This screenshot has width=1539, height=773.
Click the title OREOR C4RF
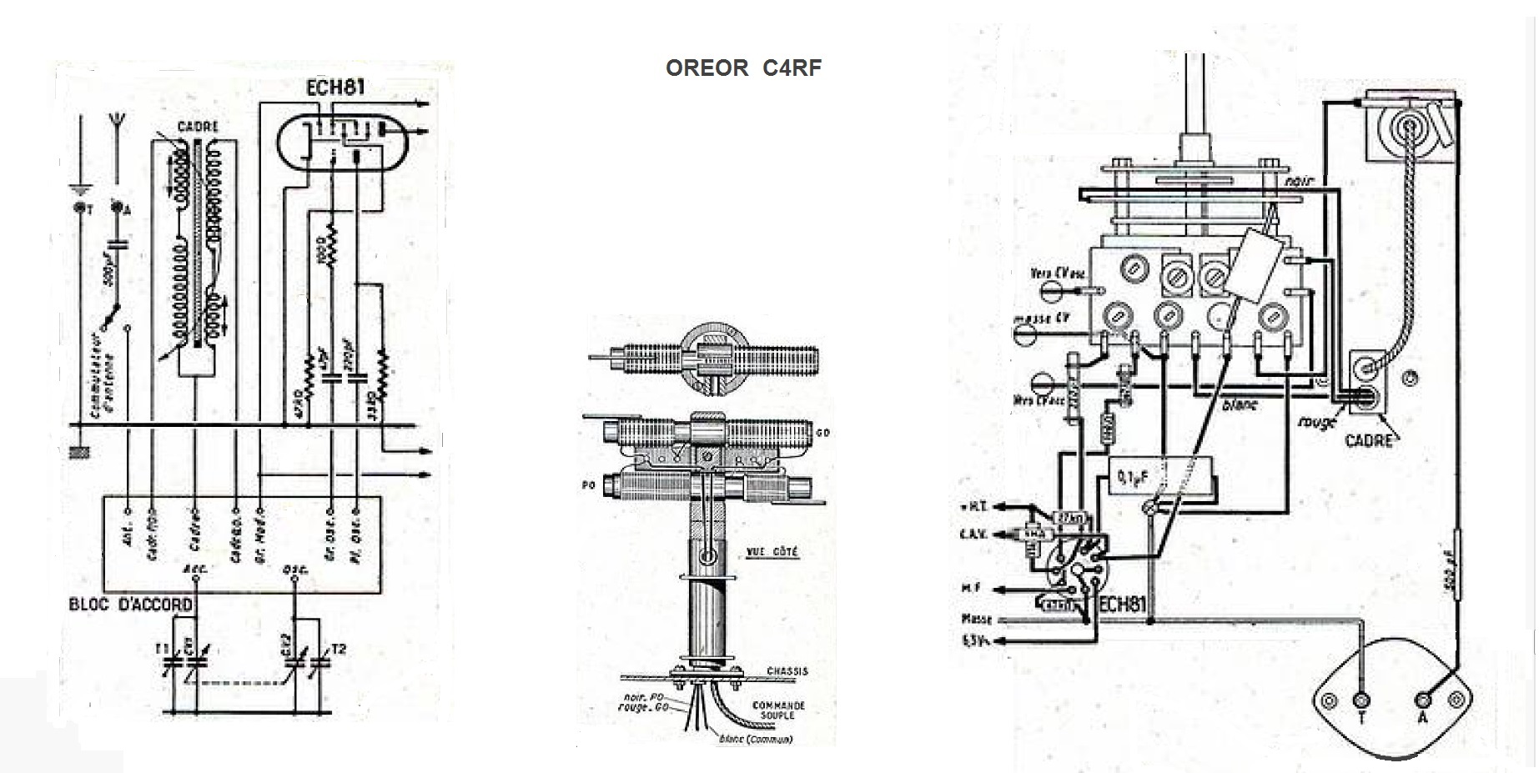[x=743, y=68]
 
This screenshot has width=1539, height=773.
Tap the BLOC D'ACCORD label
[x=131, y=604]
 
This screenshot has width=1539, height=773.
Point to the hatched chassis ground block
[x=81, y=453]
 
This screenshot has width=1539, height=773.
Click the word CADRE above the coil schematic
[x=198, y=127]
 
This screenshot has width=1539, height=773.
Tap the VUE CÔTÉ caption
[x=772, y=551]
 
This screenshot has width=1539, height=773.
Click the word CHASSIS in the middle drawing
[x=787, y=670]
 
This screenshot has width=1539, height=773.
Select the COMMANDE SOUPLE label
[x=778, y=710]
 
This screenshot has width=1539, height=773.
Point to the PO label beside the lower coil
[x=589, y=484]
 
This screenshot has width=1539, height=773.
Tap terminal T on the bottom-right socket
[x=1362, y=701]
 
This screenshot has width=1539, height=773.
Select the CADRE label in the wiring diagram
[x=1369, y=439]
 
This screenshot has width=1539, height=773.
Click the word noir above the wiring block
[x=1299, y=180]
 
